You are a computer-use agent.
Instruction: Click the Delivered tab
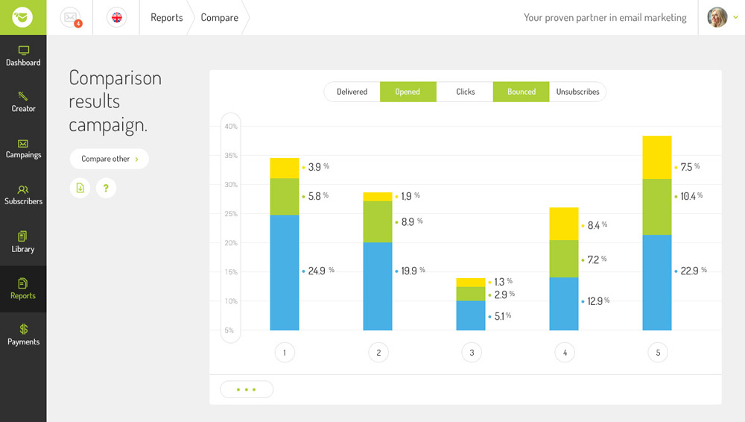pyautogui.click(x=352, y=92)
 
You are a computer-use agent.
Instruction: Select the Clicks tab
pyautogui.click(x=465, y=92)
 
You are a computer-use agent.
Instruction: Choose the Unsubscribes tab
pyautogui.click(x=577, y=92)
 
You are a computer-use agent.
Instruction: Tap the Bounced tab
pyautogui.click(x=521, y=92)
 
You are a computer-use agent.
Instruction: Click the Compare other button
pyautogui.click(x=109, y=159)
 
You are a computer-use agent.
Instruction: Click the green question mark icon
pyautogui.click(x=106, y=188)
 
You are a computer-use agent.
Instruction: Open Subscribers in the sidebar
pyautogui.click(x=23, y=195)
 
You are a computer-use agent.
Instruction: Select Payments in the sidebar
pyautogui.click(x=23, y=334)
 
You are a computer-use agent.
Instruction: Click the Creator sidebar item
pyautogui.click(x=23, y=102)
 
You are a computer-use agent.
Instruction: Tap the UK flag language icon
pyautogui.click(x=116, y=17)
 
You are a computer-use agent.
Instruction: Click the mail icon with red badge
pyautogui.click(x=71, y=17)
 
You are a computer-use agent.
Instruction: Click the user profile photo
pyautogui.click(x=717, y=17)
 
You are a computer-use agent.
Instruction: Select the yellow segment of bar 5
pyautogui.click(x=657, y=157)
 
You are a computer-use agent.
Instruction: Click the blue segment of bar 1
pyautogui.click(x=285, y=272)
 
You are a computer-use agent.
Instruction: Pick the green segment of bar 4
pyautogui.click(x=564, y=259)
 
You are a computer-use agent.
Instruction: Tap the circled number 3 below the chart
pyautogui.click(x=471, y=352)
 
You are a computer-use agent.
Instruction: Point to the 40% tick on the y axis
pyautogui.click(x=231, y=126)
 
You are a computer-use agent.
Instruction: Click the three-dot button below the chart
pyautogui.click(x=247, y=389)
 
